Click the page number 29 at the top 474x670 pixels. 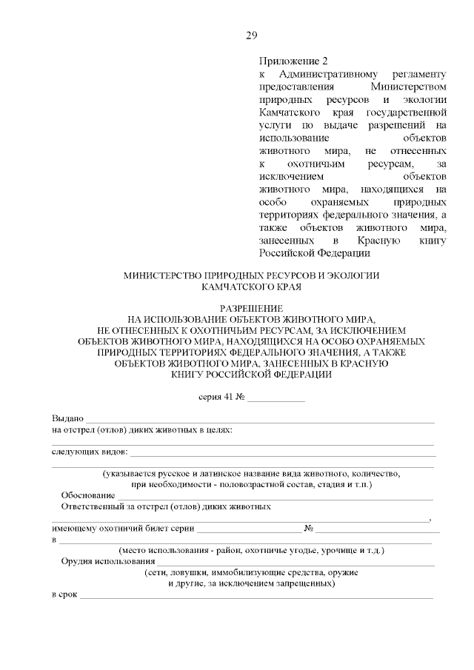point(251,35)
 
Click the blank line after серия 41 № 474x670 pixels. point(276,398)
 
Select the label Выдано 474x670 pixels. point(67,419)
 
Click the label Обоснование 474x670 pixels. point(88,495)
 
